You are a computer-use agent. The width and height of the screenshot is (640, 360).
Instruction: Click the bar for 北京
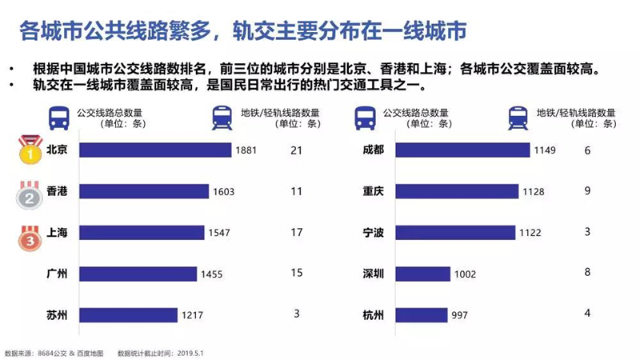click(155, 150)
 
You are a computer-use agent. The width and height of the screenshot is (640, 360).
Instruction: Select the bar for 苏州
click(128, 314)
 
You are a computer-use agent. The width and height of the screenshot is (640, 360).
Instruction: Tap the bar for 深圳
click(423, 274)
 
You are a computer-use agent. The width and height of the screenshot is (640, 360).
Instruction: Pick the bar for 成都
click(462, 150)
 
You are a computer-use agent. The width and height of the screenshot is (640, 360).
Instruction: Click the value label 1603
click(224, 192)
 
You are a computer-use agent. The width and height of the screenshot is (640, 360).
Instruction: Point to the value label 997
click(459, 315)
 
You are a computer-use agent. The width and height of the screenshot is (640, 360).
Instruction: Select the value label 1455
click(211, 274)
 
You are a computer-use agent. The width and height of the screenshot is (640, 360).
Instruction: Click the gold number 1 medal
click(30, 150)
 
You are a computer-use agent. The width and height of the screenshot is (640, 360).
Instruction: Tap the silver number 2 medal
click(30, 195)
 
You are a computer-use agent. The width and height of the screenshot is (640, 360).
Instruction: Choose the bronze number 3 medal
click(30, 238)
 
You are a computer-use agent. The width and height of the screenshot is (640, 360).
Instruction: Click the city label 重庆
click(373, 191)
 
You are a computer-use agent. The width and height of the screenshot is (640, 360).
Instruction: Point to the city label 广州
click(57, 274)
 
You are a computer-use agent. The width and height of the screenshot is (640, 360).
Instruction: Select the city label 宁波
click(373, 232)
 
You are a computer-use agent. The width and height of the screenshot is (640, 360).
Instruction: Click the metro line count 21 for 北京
click(296, 150)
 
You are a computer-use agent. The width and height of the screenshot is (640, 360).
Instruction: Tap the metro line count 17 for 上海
click(297, 232)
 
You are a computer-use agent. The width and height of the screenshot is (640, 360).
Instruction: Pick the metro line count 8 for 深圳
click(587, 272)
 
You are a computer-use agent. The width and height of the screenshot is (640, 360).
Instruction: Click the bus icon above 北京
click(58, 118)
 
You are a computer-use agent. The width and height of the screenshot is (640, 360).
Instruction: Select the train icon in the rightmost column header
click(518, 118)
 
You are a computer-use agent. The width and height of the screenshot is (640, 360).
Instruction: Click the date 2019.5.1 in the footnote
click(190, 353)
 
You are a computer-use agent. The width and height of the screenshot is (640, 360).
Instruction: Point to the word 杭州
click(373, 315)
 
